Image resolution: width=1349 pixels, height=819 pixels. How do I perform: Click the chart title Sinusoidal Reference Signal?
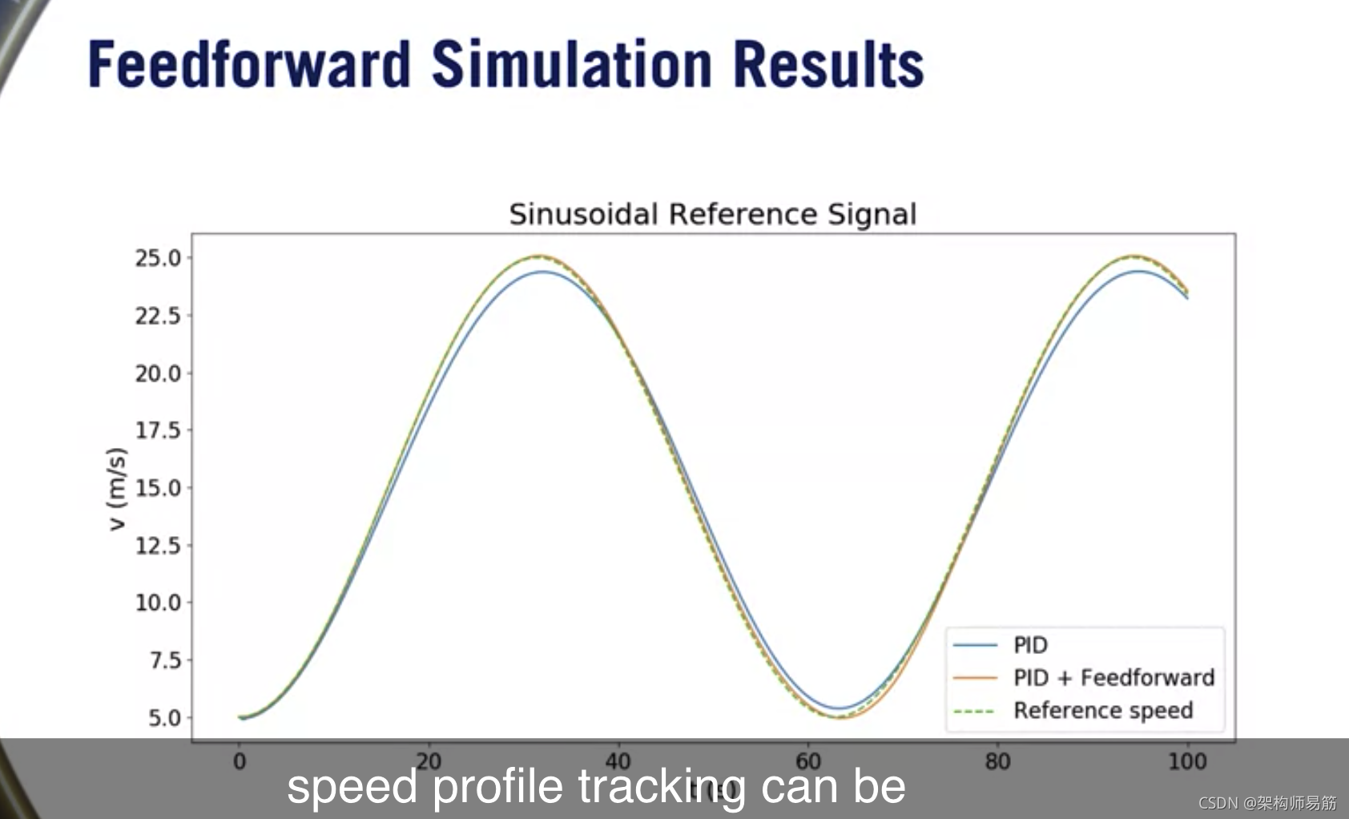pyautogui.click(x=712, y=215)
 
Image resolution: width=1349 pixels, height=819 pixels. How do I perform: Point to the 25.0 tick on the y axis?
pyautogui.click(x=158, y=258)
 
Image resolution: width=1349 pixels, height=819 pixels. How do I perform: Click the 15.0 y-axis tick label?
pyautogui.click(x=158, y=488)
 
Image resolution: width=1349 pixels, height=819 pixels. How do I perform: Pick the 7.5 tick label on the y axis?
pyautogui.click(x=165, y=660)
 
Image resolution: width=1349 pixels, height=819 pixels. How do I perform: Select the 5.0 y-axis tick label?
pyautogui.click(x=165, y=718)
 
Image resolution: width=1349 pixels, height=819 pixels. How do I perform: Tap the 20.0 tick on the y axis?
pyautogui.click(x=158, y=373)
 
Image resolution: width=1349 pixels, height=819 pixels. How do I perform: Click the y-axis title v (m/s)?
pyautogui.click(x=117, y=489)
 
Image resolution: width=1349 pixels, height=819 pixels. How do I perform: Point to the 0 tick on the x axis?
pyautogui.click(x=239, y=761)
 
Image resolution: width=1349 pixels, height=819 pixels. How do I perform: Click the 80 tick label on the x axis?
pyautogui.click(x=997, y=761)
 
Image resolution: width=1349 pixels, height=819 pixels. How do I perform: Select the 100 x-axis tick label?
pyautogui.click(x=1186, y=761)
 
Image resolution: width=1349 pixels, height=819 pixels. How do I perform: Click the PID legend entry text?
pyautogui.click(x=1030, y=645)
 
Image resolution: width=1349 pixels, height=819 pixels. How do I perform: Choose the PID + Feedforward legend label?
pyautogui.click(x=1113, y=678)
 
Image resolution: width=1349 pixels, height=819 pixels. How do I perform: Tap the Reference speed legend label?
pyautogui.click(x=1103, y=711)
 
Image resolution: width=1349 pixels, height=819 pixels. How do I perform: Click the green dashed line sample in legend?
pyautogui.click(x=974, y=712)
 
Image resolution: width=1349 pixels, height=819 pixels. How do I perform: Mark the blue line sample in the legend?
pyautogui.click(x=974, y=645)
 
